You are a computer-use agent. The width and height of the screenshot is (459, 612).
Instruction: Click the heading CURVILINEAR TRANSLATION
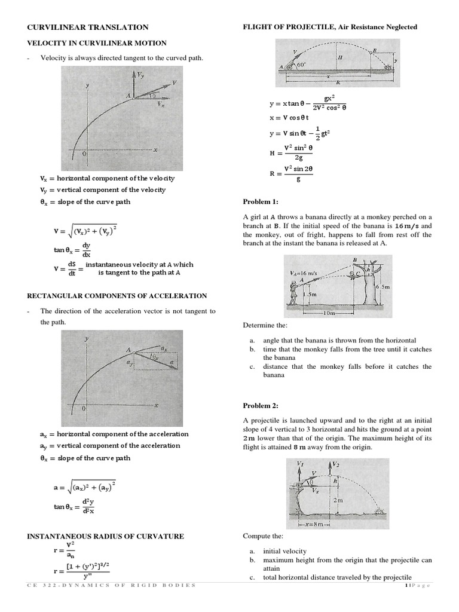pos(88,27)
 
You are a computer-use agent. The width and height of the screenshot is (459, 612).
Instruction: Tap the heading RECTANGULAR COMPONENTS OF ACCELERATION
pos(117,296)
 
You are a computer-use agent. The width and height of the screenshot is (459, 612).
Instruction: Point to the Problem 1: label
pos(260,201)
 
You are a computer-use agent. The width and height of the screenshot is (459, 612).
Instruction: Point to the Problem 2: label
pos(260,406)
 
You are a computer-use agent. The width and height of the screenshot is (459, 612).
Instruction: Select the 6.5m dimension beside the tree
pos(383,287)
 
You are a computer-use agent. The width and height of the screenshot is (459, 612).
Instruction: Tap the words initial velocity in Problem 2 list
pos(284,551)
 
